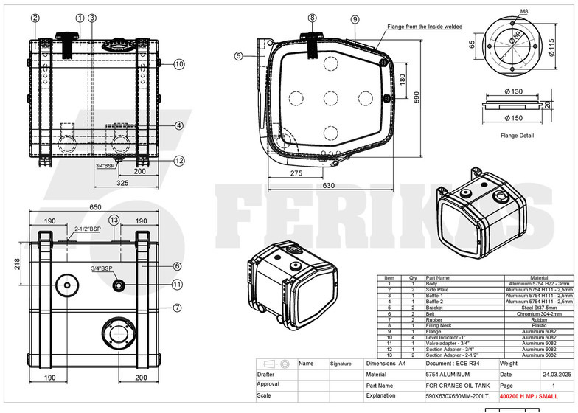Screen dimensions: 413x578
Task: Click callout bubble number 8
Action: (x=313, y=18)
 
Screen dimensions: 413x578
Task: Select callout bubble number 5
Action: (x=239, y=55)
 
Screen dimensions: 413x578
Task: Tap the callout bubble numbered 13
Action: (x=114, y=220)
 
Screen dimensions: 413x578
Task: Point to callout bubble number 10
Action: (x=178, y=64)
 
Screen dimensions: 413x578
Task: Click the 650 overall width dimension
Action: (x=96, y=207)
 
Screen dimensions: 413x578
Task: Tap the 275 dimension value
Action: (x=296, y=173)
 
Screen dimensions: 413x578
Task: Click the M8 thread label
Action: (x=524, y=12)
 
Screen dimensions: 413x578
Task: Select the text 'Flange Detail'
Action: (x=516, y=136)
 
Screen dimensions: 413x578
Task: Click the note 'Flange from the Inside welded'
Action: (x=425, y=26)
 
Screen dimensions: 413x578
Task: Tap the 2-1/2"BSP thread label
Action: (x=87, y=229)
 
